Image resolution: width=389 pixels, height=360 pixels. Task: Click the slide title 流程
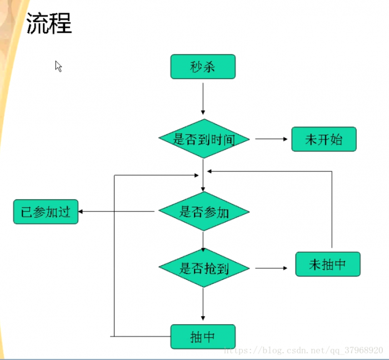pyautogui.click(x=49, y=24)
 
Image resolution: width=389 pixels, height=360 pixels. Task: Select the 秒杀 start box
pyautogui.click(x=203, y=67)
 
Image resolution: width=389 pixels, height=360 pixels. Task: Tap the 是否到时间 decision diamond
pyautogui.click(x=204, y=139)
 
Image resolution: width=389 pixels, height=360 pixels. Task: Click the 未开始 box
pyautogui.click(x=323, y=139)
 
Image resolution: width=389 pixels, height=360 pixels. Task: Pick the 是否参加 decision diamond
pyautogui.click(x=204, y=211)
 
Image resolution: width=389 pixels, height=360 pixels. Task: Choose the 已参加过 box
pyautogui.click(x=46, y=212)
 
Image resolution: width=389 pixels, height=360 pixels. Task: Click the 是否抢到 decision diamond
pyautogui.click(x=204, y=268)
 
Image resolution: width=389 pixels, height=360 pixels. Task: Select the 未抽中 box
pyautogui.click(x=327, y=264)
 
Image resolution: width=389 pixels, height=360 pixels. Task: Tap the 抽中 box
pyautogui.click(x=203, y=337)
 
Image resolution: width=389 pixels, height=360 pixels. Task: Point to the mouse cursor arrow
pyautogui.click(x=58, y=66)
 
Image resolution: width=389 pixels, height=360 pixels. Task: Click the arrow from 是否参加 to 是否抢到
pyautogui.click(x=203, y=240)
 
